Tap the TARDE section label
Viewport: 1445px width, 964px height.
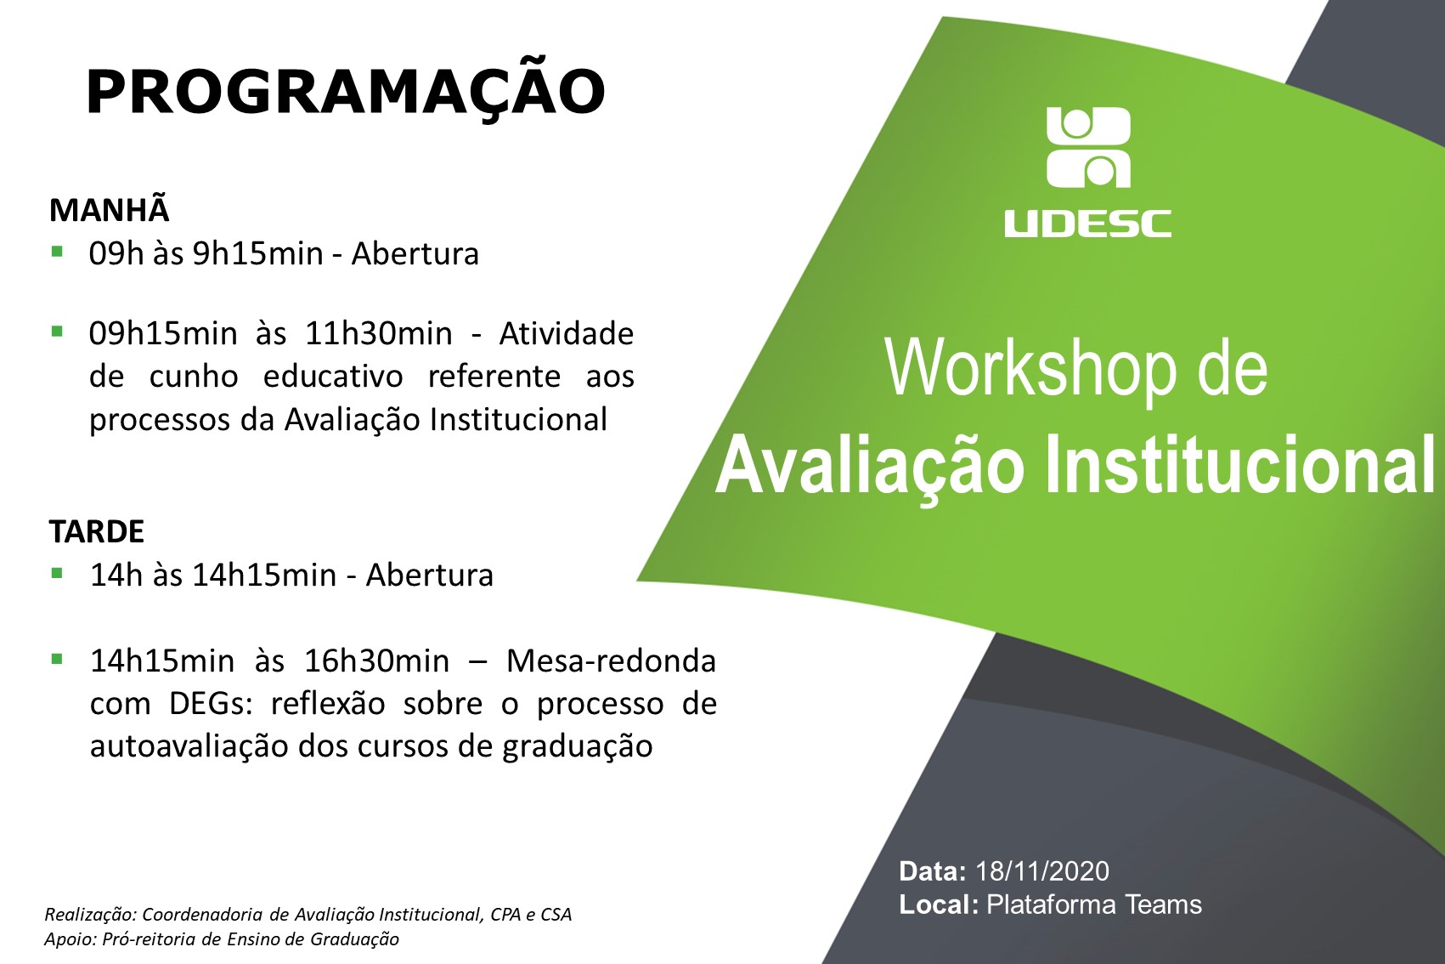tap(97, 531)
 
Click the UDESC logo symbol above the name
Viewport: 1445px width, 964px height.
tap(1088, 147)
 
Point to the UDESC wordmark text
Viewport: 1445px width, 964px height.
tap(1087, 224)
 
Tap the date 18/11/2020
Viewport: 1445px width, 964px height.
tap(1041, 871)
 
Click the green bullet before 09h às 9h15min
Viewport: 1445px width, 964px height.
tap(57, 251)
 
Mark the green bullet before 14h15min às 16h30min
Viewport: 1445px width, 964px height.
tap(57, 659)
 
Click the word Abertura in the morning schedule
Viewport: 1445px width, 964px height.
tap(415, 253)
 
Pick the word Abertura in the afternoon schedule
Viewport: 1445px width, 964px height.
tap(430, 575)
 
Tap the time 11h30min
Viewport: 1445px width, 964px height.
tap(378, 334)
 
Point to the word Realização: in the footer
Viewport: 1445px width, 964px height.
tap(90, 915)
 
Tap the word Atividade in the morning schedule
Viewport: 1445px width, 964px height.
tap(567, 334)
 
